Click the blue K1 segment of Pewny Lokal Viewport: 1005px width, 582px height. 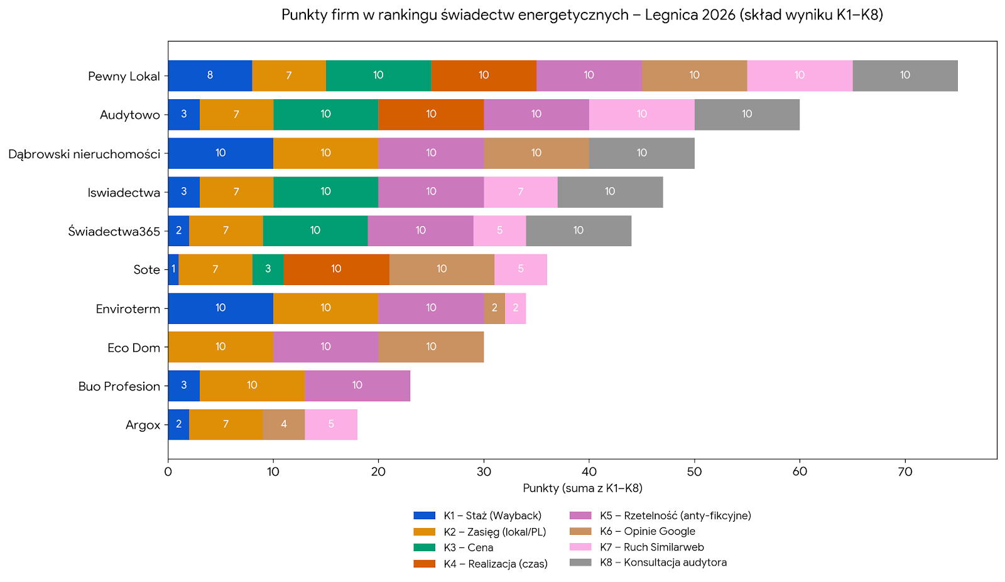tap(210, 76)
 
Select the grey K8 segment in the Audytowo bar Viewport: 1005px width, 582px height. tap(747, 114)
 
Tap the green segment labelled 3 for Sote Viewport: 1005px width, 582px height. tap(268, 269)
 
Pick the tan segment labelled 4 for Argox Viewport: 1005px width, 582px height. tap(283, 424)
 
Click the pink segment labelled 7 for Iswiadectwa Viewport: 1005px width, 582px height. tap(520, 192)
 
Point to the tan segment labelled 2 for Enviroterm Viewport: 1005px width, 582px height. tap(494, 308)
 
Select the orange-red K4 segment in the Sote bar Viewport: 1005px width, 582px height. tap(336, 269)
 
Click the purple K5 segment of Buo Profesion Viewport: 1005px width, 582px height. tap(357, 385)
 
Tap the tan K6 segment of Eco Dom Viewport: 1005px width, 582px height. tap(431, 347)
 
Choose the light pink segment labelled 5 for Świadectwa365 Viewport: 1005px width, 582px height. tap(499, 231)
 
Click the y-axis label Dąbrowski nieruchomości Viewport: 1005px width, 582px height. tap(84, 154)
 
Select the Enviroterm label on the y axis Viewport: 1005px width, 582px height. tap(128, 309)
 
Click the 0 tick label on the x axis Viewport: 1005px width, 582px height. tap(168, 472)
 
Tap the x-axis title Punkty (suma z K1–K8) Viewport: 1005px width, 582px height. tap(582, 488)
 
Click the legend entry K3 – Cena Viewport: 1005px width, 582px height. tap(468, 547)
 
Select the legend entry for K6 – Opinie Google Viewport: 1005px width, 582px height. tap(647, 531)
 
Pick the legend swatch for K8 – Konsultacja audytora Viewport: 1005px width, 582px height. tap(580, 563)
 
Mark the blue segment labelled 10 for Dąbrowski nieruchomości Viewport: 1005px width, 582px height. tap(220, 153)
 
